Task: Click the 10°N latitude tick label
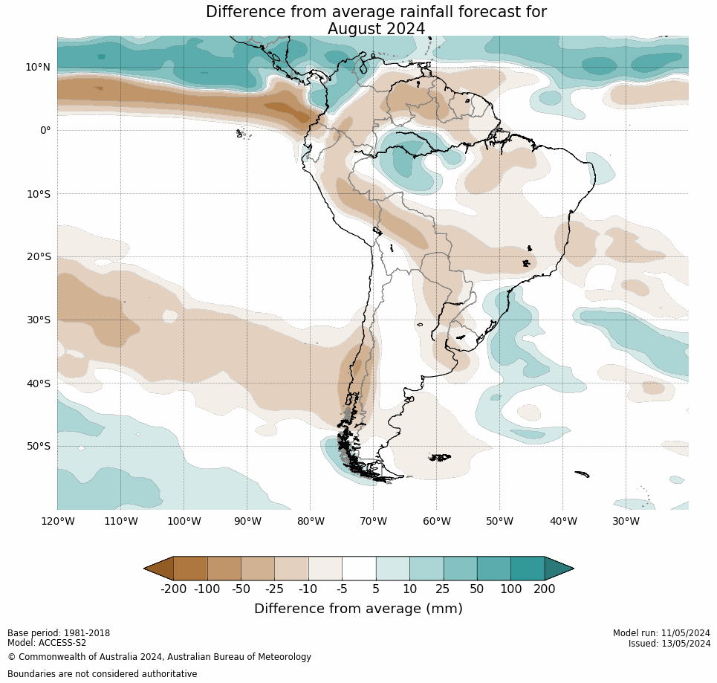(x=38, y=67)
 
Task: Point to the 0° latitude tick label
(x=45, y=130)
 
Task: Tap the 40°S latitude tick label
(x=38, y=383)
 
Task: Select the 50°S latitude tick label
(x=38, y=447)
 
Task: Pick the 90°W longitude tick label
(x=247, y=521)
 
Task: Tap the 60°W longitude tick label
(x=437, y=521)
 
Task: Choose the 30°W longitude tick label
(x=626, y=521)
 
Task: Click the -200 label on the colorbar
(x=173, y=589)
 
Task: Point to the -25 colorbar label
(x=275, y=589)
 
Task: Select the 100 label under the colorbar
(x=510, y=589)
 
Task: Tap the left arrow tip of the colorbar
(x=146, y=569)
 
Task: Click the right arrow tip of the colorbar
(x=571, y=569)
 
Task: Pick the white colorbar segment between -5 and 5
(x=359, y=569)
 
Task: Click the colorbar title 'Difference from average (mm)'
(x=358, y=609)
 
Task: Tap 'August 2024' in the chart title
(x=376, y=29)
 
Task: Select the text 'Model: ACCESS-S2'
(x=47, y=643)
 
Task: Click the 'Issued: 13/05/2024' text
(x=669, y=643)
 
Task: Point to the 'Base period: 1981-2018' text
(x=59, y=633)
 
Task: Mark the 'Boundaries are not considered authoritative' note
(x=103, y=674)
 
